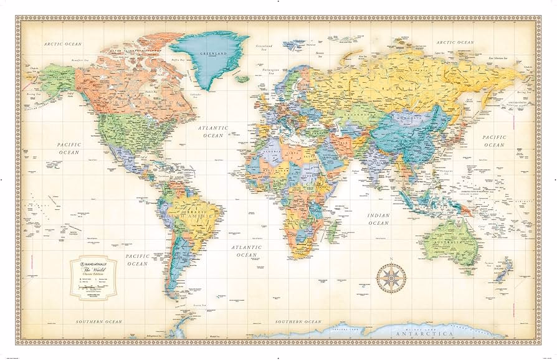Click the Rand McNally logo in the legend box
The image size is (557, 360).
tap(93, 263)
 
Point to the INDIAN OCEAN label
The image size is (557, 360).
tap(378, 219)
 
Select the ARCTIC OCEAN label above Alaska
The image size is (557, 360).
tap(62, 44)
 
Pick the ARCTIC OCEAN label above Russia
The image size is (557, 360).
tap(455, 42)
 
